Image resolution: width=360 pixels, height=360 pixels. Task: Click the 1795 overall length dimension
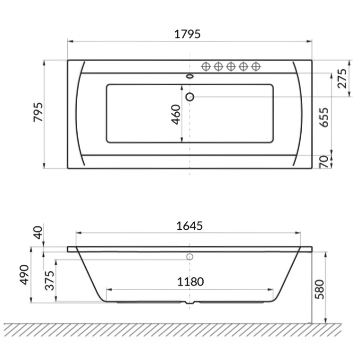click(x=188, y=34)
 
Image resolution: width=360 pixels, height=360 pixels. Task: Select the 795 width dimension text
click(x=38, y=112)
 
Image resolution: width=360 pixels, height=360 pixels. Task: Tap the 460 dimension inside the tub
click(x=176, y=114)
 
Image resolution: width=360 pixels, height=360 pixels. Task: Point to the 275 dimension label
click(x=342, y=78)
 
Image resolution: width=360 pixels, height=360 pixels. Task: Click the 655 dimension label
click(x=324, y=117)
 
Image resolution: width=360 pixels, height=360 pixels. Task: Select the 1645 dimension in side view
click(x=189, y=226)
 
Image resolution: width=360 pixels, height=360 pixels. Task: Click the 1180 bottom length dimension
click(x=190, y=282)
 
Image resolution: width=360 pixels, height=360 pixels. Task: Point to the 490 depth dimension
click(x=25, y=274)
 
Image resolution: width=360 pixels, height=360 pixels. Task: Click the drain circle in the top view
click(x=190, y=97)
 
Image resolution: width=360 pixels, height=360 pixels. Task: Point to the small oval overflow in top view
click(x=190, y=76)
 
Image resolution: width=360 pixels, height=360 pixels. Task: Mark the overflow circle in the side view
click(x=190, y=257)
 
